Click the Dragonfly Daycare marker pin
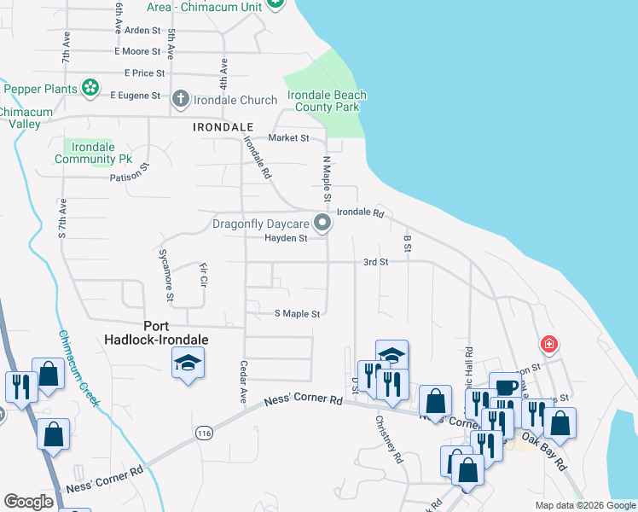[x=322, y=224]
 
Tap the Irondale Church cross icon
[x=180, y=100]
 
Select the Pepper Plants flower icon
[x=90, y=88]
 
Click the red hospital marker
[x=549, y=345]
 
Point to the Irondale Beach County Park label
[x=327, y=102]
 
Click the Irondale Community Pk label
[x=93, y=153]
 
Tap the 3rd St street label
[x=375, y=262]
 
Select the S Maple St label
[x=297, y=314]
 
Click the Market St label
[x=288, y=137]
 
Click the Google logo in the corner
[x=28, y=502]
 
